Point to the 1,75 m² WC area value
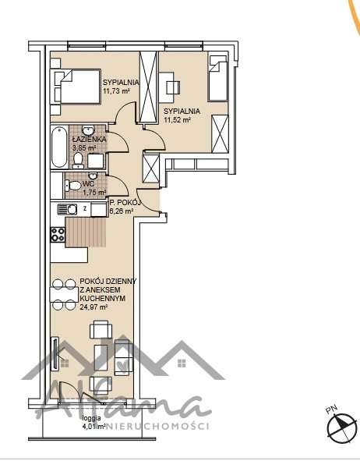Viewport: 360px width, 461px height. (x=94, y=192)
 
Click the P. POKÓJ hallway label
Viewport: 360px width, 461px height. (x=124, y=202)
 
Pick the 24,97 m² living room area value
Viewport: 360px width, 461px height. (x=94, y=307)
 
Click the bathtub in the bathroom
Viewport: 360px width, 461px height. (x=59, y=147)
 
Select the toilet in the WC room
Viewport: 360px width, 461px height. (x=69, y=186)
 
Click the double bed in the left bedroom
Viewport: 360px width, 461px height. (x=75, y=87)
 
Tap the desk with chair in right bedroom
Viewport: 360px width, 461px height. (x=171, y=83)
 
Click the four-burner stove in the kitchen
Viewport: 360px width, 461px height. (x=57, y=233)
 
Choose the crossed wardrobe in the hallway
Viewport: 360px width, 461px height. (x=149, y=169)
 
